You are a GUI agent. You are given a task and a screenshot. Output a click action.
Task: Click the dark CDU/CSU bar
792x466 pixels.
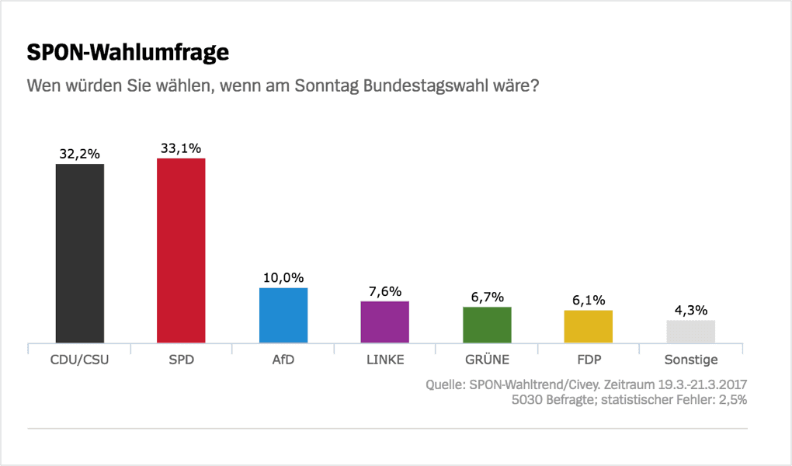tap(79, 253)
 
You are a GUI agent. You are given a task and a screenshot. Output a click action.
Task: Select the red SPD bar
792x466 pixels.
tap(181, 250)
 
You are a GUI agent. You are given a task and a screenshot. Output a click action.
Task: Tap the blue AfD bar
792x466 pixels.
tap(283, 315)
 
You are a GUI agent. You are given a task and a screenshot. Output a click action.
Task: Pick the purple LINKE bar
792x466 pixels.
tap(385, 322)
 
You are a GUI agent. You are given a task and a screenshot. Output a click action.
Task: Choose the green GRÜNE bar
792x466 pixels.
tap(487, 325)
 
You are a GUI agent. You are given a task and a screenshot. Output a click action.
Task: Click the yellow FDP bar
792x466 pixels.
tap(589, 326)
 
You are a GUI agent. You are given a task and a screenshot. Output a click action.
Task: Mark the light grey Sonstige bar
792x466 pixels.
tap(690, 332)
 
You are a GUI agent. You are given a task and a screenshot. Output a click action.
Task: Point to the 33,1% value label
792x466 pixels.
tap(181, 148)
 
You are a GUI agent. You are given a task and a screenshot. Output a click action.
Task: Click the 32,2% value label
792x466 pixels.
tap(79, 154)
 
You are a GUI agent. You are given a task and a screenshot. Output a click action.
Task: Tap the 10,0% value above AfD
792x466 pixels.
tap(283, 278)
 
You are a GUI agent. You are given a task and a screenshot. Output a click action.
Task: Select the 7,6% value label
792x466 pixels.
tap(385, 291)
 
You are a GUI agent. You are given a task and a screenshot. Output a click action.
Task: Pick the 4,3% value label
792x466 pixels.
tap(690, 310)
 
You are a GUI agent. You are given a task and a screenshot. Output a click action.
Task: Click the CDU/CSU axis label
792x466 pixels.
tap(79, 360)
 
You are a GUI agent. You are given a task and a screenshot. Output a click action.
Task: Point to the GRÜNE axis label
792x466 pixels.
tap(487, 360)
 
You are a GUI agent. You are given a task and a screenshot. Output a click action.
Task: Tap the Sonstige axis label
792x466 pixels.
tap(691, 360)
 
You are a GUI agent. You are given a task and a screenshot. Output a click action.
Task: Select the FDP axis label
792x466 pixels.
tap(589, 360)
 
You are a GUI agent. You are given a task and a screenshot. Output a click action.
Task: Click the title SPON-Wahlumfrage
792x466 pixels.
tap(128, 54)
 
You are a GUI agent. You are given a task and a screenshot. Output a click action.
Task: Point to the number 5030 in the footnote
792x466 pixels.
tap(528, 401)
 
